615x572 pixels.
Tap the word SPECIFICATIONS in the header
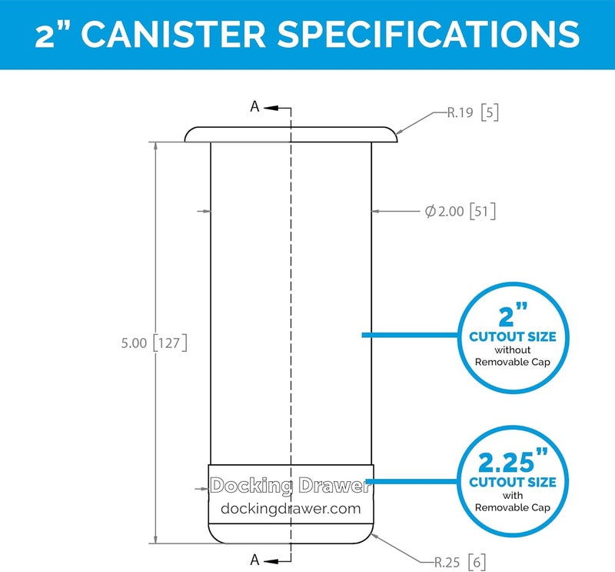click(x=428, y=34)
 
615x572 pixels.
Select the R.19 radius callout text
click(x=460, y=112)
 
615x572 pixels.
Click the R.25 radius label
click(x=447, y=562)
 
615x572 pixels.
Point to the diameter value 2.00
click(x=451, y=212)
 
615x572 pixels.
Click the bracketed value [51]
click(x=483, y=212)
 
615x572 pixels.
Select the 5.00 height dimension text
click(x=134, y=343)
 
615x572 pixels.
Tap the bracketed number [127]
click(x=169, y=343)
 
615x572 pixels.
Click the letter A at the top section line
click(x=255, y=106)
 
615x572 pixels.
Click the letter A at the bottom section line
click(x=255, y=560)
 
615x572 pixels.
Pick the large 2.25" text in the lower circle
click(x=513, y=461)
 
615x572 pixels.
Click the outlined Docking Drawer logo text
click(x=291, y=486)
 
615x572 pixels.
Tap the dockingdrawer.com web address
click(x=291, y=508)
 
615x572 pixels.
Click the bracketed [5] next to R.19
click(x=490, y=112)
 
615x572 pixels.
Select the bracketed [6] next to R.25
click(x=477, y=562)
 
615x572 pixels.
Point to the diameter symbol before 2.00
click(x=430, y=212)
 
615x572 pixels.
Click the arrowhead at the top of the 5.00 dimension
click(x=156, y=146)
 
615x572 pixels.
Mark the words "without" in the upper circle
click(x=513, y=350)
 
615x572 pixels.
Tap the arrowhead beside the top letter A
click(x=271, y=108)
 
